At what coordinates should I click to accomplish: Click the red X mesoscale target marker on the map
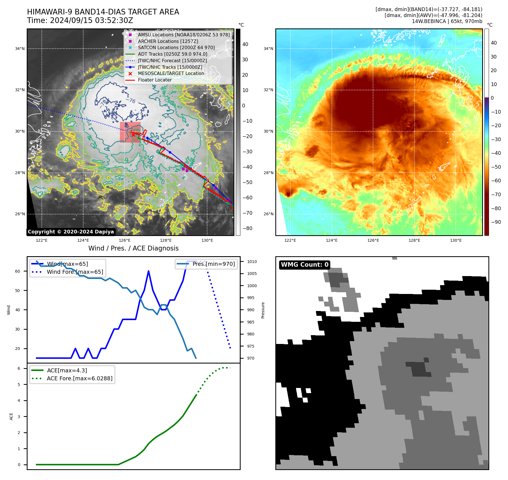[x=133, y=135]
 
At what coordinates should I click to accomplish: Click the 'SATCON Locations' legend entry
[x=176, y=48]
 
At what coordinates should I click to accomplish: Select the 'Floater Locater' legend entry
[x=155, y=80]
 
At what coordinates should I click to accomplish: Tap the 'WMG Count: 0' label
[x=304, y=265]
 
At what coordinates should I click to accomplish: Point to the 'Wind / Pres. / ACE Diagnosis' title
[x=133, y=248]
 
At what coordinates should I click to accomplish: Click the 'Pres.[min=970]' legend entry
[x=213, y=264]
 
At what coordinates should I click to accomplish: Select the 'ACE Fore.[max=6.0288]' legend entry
[x=79, y=378]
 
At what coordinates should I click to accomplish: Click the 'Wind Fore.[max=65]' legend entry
[x=75, y=272]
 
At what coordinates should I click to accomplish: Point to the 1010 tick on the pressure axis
[x=252, y=262]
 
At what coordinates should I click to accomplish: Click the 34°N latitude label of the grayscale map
[x=20, y=49]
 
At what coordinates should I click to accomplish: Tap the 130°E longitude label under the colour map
[x=456, y=240]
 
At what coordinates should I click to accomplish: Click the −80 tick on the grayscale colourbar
[x=247, y=228]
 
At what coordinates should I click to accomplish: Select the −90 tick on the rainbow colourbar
[x=496, y=222]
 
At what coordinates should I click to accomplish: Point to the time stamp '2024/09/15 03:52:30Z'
[x=91, y=21]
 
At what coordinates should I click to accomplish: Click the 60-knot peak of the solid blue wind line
[x=149, y=271]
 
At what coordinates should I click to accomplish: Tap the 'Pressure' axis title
[x=263, y=310]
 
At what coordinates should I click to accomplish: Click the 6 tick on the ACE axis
[x=19, y=368]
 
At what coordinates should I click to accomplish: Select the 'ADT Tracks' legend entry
[x=172, y=54]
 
